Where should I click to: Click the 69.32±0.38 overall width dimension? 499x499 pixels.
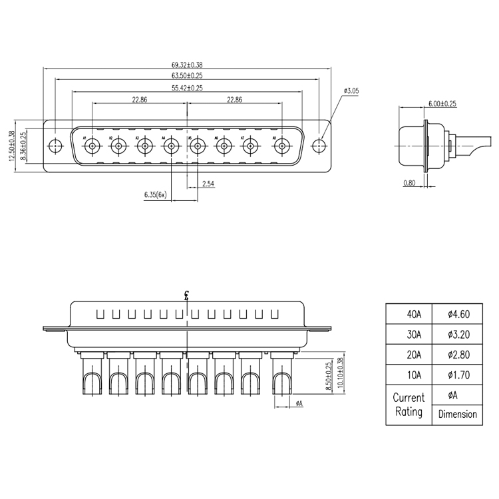pos(187,65)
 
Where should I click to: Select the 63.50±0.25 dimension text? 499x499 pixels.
pos(187,77)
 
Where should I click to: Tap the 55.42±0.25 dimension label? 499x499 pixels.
pos(187,88)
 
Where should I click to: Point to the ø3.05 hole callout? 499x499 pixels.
pos(352,90)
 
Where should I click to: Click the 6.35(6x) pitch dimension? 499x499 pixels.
pos(155,195)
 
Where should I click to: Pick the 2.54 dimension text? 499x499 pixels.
pos(208,184)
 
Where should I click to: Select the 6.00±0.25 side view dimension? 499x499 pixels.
pos(442,104)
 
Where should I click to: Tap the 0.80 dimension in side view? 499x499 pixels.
pos(410,182)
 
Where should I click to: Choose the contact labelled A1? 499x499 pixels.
pos(92,146)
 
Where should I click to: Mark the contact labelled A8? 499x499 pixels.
pos(281,146)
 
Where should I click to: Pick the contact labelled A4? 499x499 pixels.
pos(172,146)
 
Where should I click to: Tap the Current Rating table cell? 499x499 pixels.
pos(409,405)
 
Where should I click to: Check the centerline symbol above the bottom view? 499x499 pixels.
pos(187,296)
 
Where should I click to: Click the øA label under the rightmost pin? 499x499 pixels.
pos(299,403)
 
